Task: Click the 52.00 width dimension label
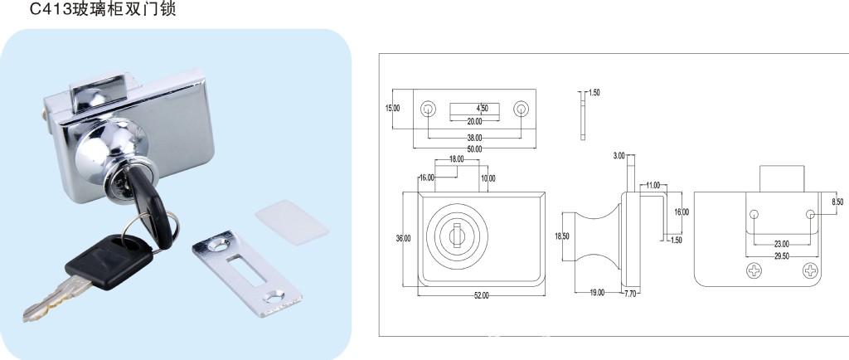(482, 295)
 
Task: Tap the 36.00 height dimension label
(404, 238)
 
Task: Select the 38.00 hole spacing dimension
(474, 138)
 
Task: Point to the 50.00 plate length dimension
(474, 148)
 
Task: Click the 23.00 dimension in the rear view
(782, 244)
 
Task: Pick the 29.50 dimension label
(782, 255)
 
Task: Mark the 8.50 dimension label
(837, 202)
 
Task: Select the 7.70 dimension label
(631, 294)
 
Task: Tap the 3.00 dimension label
(619, 156)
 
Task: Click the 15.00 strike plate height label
(392, 109)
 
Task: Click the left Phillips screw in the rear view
(754, 270)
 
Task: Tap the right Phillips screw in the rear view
(811, 270)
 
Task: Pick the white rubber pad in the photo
(292, 222)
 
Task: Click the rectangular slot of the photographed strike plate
(247, 269)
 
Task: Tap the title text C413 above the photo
(51, 9)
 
